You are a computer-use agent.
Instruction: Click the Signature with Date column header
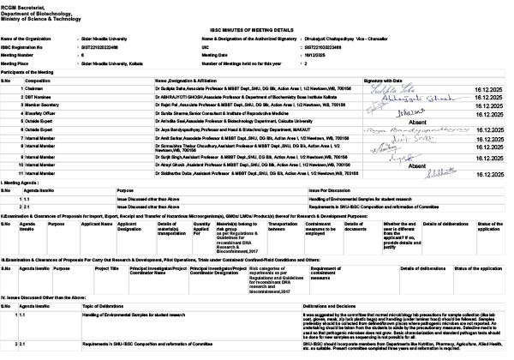pyautogui.click(x=385, y=80)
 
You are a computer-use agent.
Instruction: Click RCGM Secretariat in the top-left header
pyautogui.click(x=26, y=4)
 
